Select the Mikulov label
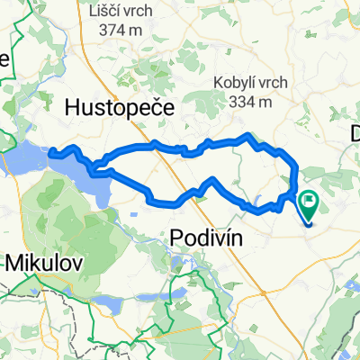(45, 264)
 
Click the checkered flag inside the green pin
(310, 204)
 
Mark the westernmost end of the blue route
(51, 151)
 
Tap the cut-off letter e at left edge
(4, 59)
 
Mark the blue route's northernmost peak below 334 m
(248, 135)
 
